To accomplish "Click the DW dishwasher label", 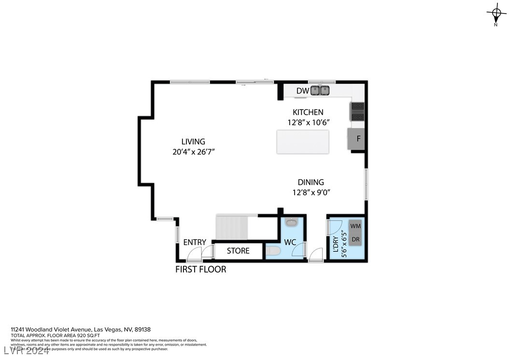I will click(x=302, y=91).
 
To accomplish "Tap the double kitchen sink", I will click(x=320, y=90).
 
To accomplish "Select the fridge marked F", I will click(x=358, y=139).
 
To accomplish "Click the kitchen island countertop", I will click(x=302, y=142).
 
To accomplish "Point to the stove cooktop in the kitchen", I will click(x=357, y=112).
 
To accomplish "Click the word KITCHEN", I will click(x=308, y=112).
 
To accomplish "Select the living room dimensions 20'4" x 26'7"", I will click(x=193, y=152).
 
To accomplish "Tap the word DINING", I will click(x=311, y=182).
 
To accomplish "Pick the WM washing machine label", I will click(x=355, y=226).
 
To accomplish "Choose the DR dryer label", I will click(x=355, y=239).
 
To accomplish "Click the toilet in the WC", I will click(x=273, y=251).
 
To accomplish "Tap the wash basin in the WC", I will click(x=291, y=222).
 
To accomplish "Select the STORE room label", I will click(x=238, y=251).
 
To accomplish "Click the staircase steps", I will click(x=232, y=227).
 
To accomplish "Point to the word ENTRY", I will click(x=195, y=242).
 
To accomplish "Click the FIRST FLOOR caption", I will click(x=200, y=269).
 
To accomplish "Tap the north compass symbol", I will click(x=495, y=13).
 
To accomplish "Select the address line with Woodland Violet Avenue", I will click(x=81, y=330).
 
